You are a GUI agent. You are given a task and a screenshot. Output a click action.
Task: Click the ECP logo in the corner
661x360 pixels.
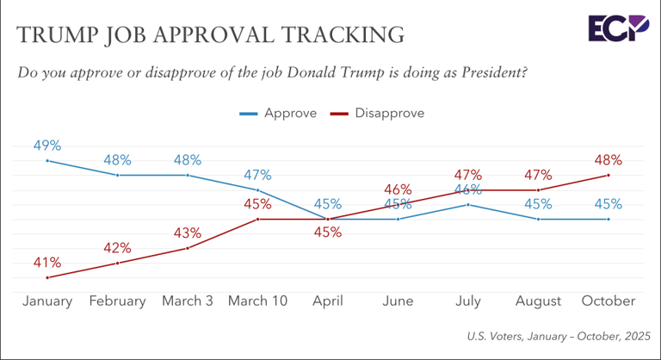tap(618, 28)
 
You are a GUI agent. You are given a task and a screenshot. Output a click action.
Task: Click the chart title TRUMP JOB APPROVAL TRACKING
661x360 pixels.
tap(211, 34)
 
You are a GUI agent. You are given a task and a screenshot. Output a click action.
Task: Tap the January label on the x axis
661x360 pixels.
tap(47, 301)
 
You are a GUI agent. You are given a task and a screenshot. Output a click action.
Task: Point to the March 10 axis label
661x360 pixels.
tap(257, 301)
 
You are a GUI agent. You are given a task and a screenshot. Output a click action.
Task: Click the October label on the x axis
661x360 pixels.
tap(608, 301)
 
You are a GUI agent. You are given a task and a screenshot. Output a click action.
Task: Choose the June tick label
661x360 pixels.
tap(398, 301)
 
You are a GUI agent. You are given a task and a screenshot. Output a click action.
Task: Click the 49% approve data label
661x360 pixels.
tap(47, 145)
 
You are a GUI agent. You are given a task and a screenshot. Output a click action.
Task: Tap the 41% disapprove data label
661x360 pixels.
tap(47, 262)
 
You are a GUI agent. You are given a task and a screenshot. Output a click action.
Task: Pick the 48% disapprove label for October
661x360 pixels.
tap(608, 159)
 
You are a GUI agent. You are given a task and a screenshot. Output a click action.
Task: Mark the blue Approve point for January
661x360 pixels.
tap(47, 160)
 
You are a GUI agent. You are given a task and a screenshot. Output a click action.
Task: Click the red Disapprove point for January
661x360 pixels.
tap(47, 277)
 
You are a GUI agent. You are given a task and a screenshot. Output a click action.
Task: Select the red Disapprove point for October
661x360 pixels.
tap(608, 175)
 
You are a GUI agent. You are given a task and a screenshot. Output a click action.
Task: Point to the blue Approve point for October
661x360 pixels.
tap(608, 219)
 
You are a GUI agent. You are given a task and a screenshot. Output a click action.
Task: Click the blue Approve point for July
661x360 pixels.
tap(468, 204)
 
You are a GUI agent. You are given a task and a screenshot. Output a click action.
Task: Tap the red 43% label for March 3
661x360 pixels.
tap(188, 233)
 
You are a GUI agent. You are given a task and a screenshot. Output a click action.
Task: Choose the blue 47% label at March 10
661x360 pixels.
tap(257, 174)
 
